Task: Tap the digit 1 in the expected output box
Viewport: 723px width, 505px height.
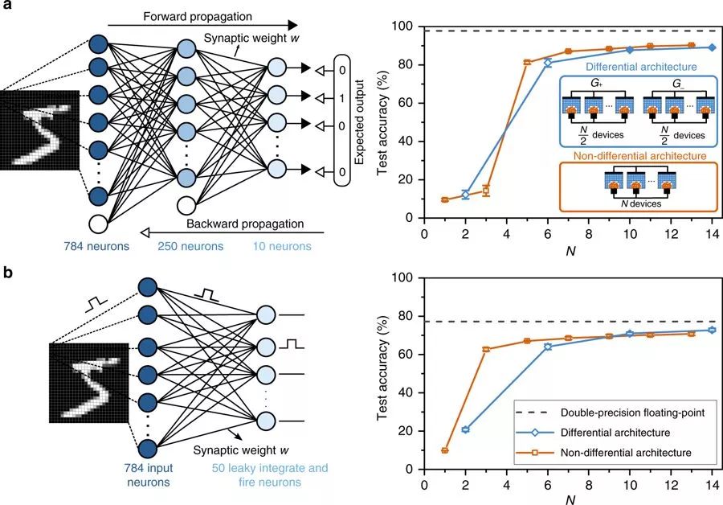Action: [x=341, y=97]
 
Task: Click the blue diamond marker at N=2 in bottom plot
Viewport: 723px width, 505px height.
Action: [x=465, y=429]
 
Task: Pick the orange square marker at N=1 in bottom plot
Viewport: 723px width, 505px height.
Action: [x=444, y=450]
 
